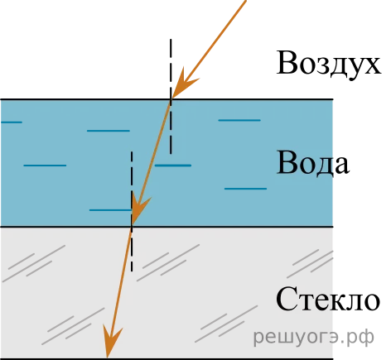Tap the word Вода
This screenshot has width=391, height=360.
tap(313, 162)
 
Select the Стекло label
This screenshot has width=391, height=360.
tap(328, 300)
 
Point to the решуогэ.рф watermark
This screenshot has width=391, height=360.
tap(313, 337)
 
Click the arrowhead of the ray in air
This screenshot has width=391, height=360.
tap(184, 83)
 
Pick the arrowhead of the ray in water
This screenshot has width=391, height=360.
tap(140, 209)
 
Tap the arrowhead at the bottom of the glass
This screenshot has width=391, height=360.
tap(112, 341)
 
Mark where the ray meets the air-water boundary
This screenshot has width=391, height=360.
tap(171, 98)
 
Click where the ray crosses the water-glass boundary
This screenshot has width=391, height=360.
tap(132, 227)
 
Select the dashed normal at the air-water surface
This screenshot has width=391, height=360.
tap(171, 97)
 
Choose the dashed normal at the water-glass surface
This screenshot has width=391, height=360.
tap(132, 211)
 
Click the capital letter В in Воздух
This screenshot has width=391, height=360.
tap(287, 62)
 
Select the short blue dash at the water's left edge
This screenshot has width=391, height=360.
tap(12, 122)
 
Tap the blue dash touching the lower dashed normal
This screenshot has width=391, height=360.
tap(110, 210)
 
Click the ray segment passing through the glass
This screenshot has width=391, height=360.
tap(119, 292)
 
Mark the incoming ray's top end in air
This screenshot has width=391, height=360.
tap(245, 1)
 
